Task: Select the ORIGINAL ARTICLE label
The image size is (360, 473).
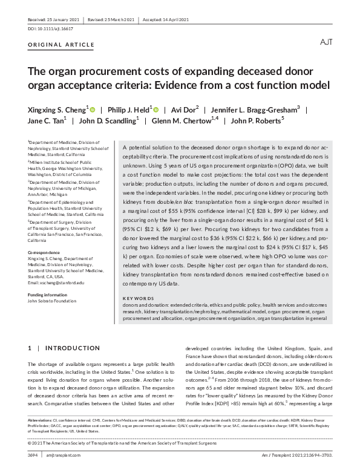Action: click(61, 45)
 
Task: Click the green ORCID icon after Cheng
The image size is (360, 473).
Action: click(92, 109)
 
